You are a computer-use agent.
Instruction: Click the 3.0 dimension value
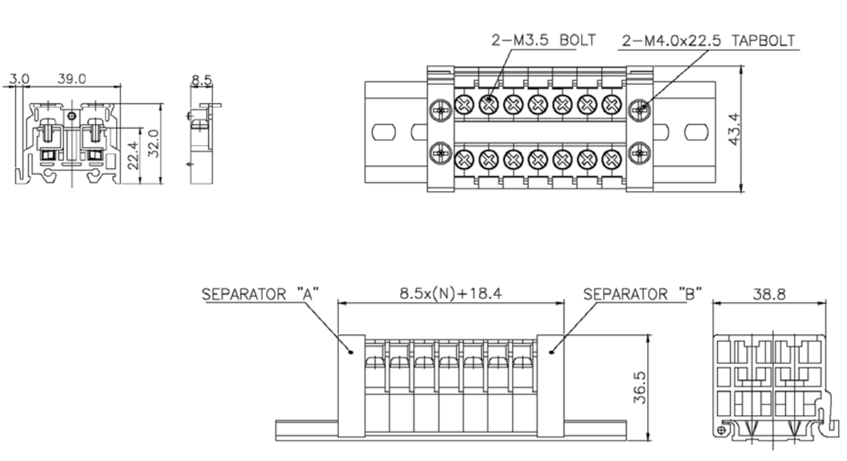click(19, 79)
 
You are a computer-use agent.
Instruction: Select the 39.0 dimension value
click(71, 78)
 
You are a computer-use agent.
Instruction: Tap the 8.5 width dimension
click(201, 80)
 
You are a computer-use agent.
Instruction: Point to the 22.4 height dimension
click(133, 155)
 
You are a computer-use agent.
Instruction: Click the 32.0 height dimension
click(154, 144)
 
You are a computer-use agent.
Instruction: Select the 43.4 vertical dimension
click(734, 129)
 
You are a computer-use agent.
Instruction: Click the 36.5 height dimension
click(640, 387)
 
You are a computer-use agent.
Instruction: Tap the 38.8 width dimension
click(769, 294)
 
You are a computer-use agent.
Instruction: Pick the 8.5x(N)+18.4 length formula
click(451, 293)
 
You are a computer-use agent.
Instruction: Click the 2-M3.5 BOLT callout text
click(544, 41)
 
